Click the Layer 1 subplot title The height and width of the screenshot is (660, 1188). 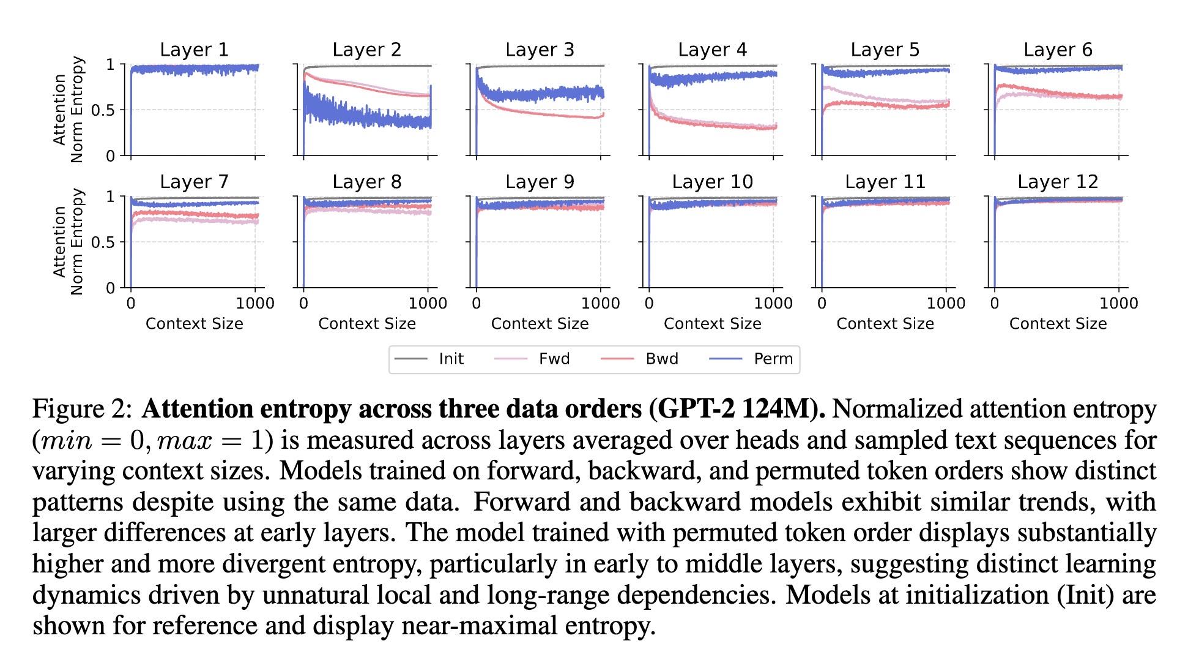pos(194,50)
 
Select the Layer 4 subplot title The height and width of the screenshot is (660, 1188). pos(712,50)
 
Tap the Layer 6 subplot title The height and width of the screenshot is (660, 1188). pos(1058,50)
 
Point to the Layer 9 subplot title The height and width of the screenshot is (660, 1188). pos(540,182)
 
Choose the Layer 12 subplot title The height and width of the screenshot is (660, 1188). pos(1058,182)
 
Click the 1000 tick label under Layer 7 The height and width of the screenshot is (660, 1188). pos(255,303)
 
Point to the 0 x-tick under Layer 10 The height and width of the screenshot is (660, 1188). pos(649,303)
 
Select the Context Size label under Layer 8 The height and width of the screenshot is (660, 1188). pos(367,324)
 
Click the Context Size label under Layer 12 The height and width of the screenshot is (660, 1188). pos(1058,324)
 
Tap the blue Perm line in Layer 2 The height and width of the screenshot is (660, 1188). pos(367,116)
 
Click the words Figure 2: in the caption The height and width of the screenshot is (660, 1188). pos(82,409)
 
